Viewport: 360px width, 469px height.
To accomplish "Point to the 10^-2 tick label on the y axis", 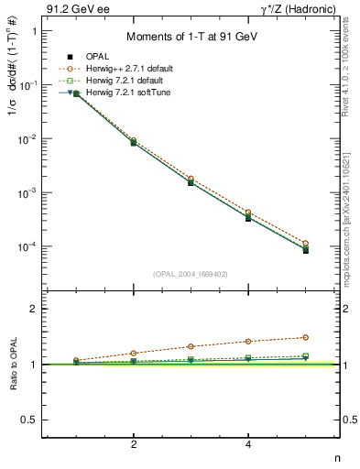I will [27, 139].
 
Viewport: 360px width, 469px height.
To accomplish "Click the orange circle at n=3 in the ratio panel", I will [191, 346].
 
